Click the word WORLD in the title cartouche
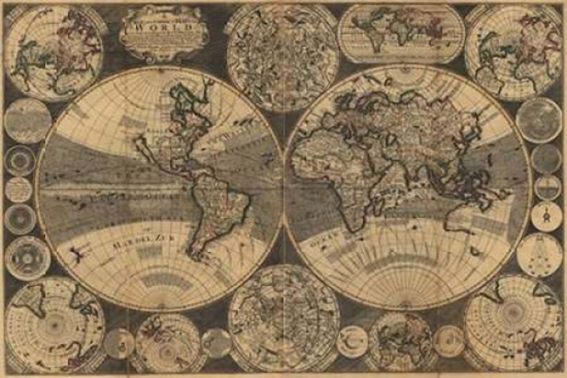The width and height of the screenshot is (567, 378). [164, 26]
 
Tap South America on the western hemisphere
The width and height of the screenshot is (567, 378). [217, 209]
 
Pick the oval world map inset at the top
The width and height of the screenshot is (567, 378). [401, 33]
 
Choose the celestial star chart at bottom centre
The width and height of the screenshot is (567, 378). [283, 318]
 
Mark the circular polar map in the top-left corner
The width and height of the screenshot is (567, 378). [54, 53]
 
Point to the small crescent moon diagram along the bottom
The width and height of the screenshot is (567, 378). [352, 342]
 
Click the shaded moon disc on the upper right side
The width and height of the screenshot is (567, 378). [539, 120]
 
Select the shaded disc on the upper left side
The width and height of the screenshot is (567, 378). [28, 120]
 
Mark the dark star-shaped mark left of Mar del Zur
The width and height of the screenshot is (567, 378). [78, 253]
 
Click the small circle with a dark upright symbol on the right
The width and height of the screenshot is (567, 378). [546, 217]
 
